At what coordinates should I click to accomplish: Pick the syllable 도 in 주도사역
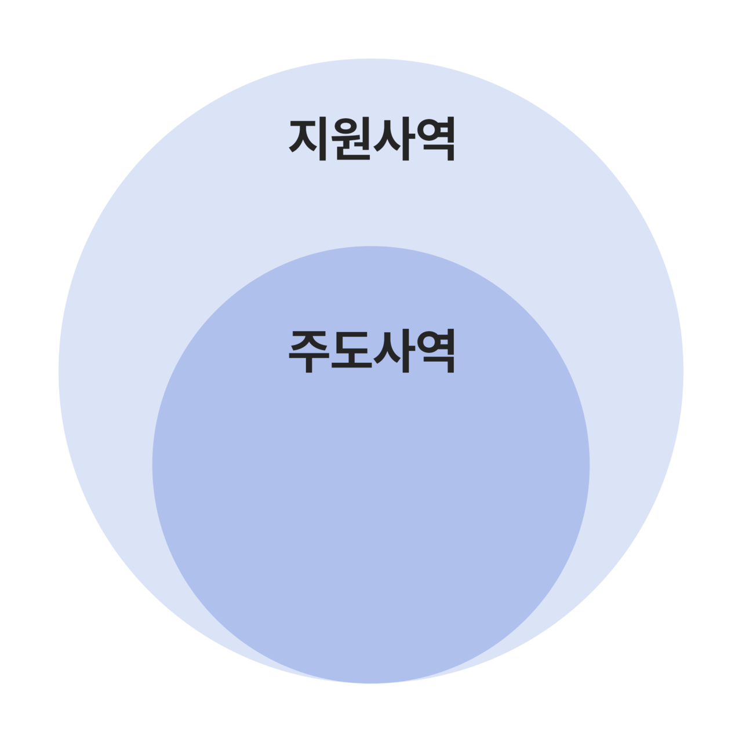[351, 351]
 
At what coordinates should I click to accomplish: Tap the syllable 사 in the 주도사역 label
[393, 351]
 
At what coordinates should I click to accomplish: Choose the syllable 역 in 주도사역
[434, 351]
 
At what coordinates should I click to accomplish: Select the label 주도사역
[372, 351]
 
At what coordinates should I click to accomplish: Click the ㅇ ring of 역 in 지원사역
[428, 132]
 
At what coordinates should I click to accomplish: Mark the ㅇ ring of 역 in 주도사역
[428, 344]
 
